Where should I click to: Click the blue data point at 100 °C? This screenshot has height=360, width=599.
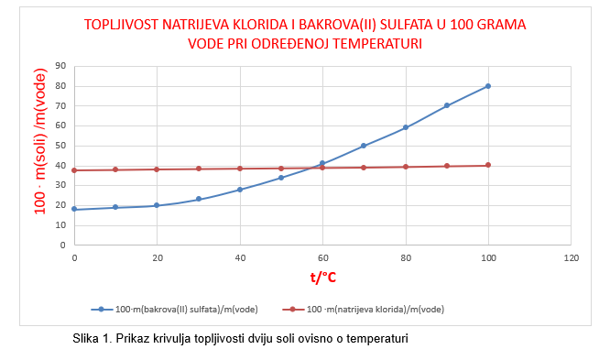point(488,86)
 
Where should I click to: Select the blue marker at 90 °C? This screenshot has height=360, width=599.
point(447,105)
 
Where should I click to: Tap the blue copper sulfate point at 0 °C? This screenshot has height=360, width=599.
point(74,209)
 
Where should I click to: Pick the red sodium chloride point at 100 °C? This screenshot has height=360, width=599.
point(488,165)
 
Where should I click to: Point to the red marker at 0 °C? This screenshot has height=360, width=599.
point(74,169)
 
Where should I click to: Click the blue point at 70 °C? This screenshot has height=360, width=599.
point(364,146)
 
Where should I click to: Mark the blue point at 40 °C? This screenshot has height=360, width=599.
point(240,190)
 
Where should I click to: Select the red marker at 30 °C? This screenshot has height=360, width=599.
point(199,169)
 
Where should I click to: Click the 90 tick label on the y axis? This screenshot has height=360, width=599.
point(60,66)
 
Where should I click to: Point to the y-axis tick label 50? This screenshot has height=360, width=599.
point(60,146)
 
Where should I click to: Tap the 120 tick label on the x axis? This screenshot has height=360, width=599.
point(571,257)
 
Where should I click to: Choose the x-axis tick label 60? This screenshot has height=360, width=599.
point(322,257)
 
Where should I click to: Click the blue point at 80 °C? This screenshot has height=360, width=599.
point(406,127)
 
